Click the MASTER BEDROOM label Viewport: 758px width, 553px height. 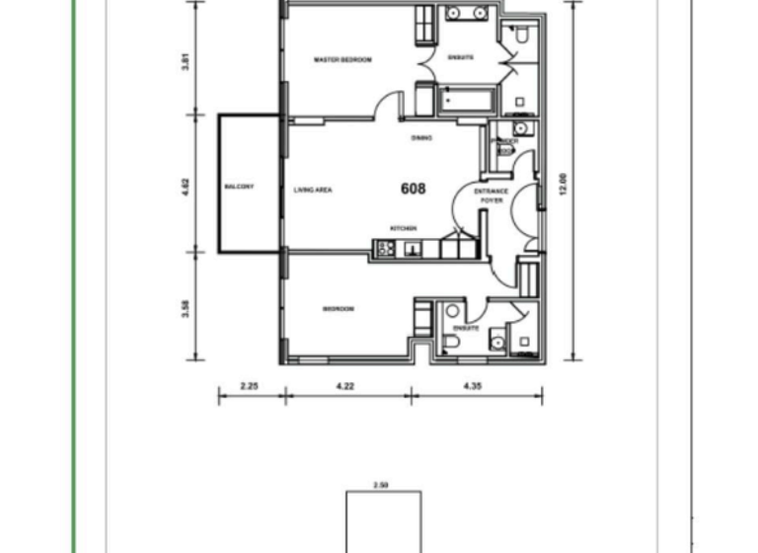(x=342, y=60)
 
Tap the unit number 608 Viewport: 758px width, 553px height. (x=413, y=188)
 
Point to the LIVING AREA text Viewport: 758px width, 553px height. (x=312, y=189)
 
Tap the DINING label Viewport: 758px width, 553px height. (x=421, y=138)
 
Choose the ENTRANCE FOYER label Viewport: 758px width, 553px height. (x=491, y=195)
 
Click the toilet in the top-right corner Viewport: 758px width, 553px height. (x=522, y=38)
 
